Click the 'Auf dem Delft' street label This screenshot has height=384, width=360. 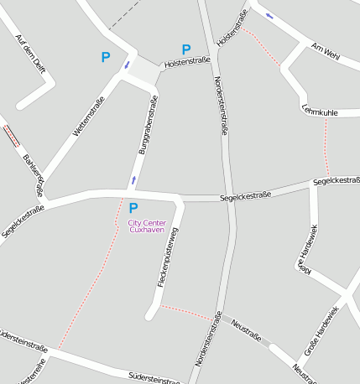click(x=31, y=54)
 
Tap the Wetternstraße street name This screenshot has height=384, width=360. click(x=88, y=117)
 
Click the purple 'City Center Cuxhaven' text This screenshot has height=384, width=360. click(x=147, y=226)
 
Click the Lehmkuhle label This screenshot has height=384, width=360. click(x=320, y=112)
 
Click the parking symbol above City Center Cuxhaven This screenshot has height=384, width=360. click(x=133, y=207)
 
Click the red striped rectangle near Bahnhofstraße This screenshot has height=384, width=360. click(x=11, y=136)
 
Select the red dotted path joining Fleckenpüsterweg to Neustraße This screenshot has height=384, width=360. click(x=186, y=311)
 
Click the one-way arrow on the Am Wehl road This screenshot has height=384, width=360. click(x=269, y=15)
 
